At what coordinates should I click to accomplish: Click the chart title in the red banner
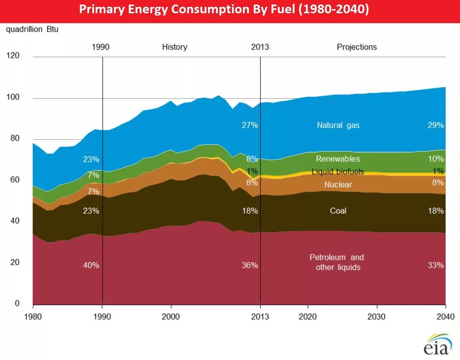pyautogui.click(x=224, y=10)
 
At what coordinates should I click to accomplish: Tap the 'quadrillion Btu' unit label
pyautogui.click(x=32, y=29)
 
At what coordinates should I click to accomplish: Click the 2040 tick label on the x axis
pyautogui.click(x=445, y=317)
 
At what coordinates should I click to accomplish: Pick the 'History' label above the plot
pyautogui.click(x=175, y=47)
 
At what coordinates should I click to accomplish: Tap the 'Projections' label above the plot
pyautogui.click(x=357, y=47)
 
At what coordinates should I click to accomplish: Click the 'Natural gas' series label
pyautogui.click(x=338, y=125)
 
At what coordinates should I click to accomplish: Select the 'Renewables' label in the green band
pyautogui.click(x=338, y=159)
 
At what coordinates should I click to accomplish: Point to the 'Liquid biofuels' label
pyautogui.click(x=338, y=172)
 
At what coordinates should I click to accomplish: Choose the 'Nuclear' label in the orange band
pyautogui.click(x=338, y=185)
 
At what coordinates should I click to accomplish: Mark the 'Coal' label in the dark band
pyautogui.click(x=338, y=211)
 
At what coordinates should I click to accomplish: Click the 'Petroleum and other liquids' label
pyautogui.click(x=337, y=262)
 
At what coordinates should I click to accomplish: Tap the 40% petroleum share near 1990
pyautogui.click(x=91, y=265)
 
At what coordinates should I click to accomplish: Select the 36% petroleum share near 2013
pyautogui.click(x=250, y=265)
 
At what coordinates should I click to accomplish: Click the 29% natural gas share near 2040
pyautogui.click(x=436, y=125)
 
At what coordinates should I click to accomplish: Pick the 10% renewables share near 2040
pyautogui.click(x=436, y=159)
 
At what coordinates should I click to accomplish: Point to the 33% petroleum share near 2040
pyautogui.click(x=436, y=265)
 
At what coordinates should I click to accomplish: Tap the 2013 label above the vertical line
pyautogui.click(x=260, y=47)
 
